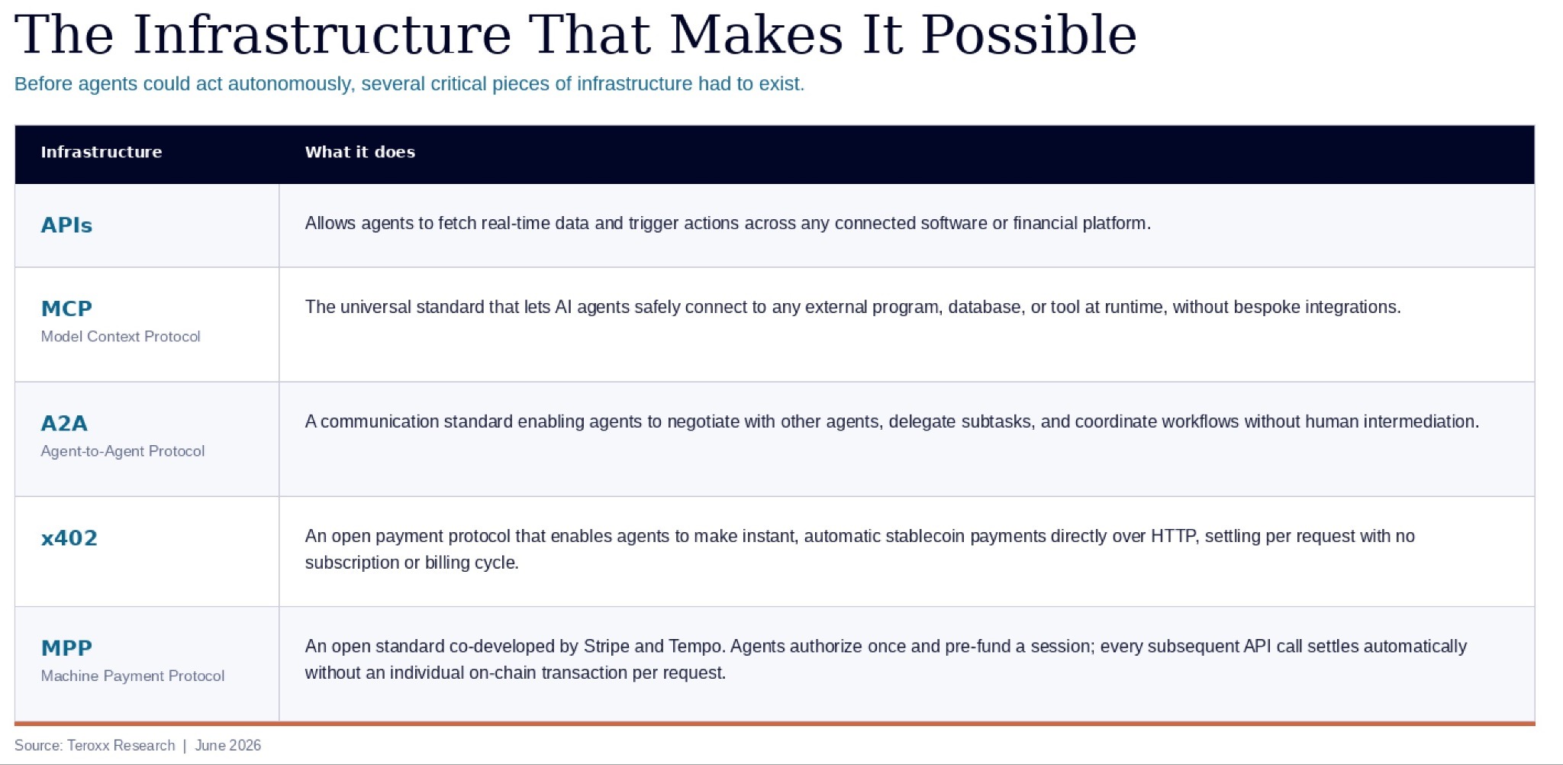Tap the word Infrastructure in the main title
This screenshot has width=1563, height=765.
tap(321, 34)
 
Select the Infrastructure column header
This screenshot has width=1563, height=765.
tap(102, 152)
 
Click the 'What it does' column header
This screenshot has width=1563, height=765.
tap(360, 152)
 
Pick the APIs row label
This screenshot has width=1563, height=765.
tap(66, 225)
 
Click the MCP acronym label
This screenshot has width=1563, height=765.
tap(66, 308)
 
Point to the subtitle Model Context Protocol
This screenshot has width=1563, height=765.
tap(121, 337)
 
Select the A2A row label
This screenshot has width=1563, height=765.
tap(64, 423)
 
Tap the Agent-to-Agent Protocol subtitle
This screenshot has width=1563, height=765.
tap(123, 451)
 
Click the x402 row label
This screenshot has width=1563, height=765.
tap(69, 538)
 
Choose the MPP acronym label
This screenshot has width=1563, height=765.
tap(66, 648)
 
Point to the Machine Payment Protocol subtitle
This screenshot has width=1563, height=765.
tap(133, 676)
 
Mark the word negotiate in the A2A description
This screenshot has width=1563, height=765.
tap(703, 422)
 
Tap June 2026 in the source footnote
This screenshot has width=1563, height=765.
tap(228, 746)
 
